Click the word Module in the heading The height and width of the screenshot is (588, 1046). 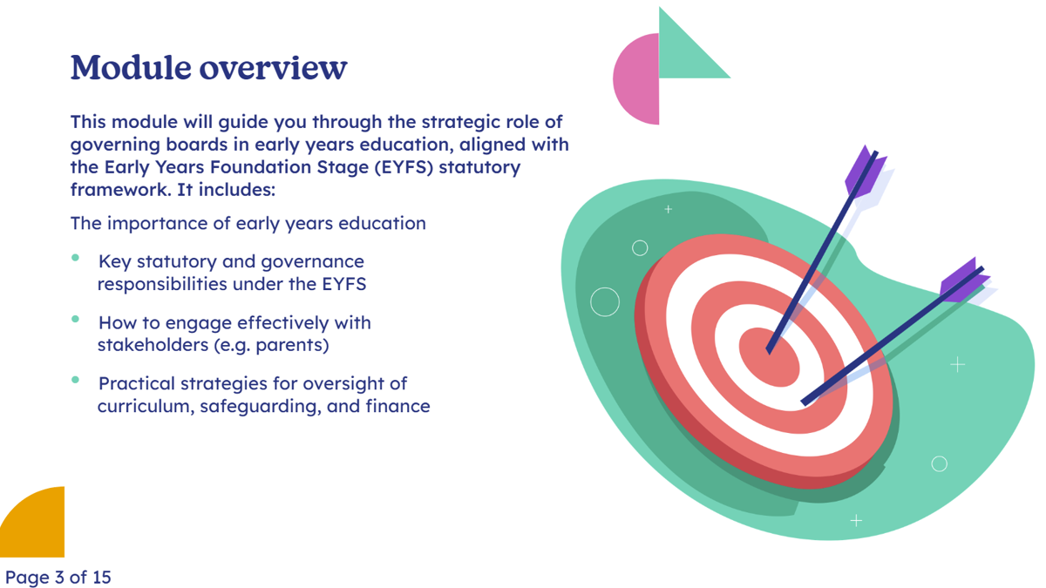coord(131,67)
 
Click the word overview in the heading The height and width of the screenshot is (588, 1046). coord(274,68)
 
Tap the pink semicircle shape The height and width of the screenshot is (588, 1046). coord(636,79)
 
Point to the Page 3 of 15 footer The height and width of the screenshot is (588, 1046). coord(58,578)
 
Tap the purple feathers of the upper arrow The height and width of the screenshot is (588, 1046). coord(866,172)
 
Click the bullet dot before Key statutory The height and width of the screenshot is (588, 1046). coord(75,257)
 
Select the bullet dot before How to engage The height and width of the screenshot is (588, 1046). coord(75,319)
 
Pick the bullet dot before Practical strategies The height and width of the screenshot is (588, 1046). coord(75,380)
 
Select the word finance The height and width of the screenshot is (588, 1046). coord(397,406)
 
